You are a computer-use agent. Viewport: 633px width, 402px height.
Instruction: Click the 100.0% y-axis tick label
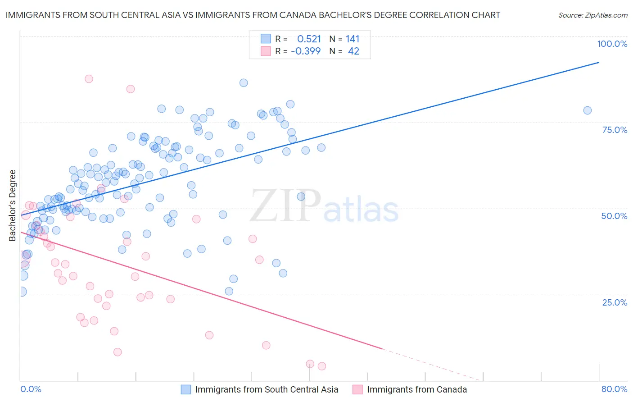tap(612, 44)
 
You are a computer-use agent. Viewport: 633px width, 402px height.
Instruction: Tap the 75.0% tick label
tap(615, 130)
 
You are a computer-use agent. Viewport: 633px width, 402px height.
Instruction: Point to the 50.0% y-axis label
tap(614, 216)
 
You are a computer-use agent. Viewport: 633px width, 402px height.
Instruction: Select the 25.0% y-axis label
tap(615, 302)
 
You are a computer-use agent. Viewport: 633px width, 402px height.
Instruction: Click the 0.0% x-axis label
tap(31, 389)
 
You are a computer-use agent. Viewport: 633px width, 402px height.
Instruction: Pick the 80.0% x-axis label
tap(614, 389)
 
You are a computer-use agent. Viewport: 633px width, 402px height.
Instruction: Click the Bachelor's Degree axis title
tap(13, 205)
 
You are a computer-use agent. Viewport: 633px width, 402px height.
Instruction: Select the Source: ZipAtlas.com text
tap(592, 15)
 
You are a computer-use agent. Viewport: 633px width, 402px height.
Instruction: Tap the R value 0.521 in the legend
tap(309, 39)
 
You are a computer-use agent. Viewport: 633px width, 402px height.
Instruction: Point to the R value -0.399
tap(306, 51)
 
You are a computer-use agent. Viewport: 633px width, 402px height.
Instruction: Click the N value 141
tap(353, 39)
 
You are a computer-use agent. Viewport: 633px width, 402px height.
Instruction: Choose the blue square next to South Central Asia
tap(186, 389)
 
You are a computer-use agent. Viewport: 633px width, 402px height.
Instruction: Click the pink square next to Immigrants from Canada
tap(357, 389)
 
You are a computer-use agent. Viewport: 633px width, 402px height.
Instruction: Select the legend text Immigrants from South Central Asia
tap(267, 389)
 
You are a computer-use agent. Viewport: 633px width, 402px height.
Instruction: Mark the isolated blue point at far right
tap(587, 110)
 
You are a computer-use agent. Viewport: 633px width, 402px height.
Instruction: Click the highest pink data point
tap(89, 79)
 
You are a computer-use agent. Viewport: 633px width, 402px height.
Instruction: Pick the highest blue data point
tap(244, 83)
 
